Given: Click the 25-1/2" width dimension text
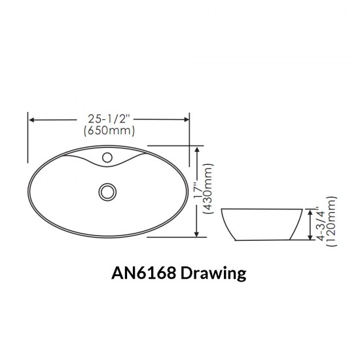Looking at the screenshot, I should pyautogui.click(x=109, y=119).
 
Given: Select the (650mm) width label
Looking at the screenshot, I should pyautogui.click(x=109, y=131).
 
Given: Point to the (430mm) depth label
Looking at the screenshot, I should pyautogui.click(x=209, y=190).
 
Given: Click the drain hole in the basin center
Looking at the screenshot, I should pyautogui.click(x=107, y=191).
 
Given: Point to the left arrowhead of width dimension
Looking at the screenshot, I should pyautogui.click(x=31, y=120).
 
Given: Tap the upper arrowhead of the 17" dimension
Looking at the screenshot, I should pyautogui.click(x=198, y=149).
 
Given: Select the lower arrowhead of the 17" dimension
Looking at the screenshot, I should pyautogui.click(x=198, y=234).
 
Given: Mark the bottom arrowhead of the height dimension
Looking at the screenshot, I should pyautogui.click(x=310, y=237).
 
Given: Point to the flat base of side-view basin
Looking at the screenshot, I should pyautogui.click(x=262, y=240).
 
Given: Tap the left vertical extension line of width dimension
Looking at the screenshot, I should pyautogui.click(x=27, y=137).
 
